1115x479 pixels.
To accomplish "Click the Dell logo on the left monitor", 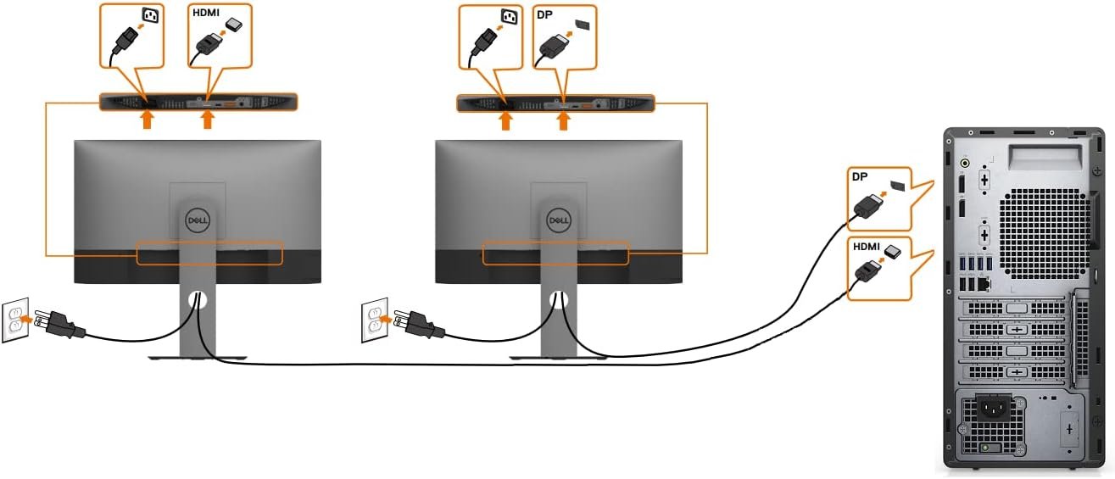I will (197, 220).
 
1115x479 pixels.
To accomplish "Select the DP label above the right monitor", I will (544, 14).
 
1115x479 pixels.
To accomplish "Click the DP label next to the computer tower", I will (860, 176).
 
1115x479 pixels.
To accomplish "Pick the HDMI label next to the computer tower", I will (867, 247).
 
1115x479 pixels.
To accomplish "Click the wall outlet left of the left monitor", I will (14, 320).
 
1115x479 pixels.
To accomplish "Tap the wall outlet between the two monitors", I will (375, 320).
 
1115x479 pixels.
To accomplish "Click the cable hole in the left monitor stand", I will (197, 299).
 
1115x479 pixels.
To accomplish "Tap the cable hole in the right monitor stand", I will (557, 299).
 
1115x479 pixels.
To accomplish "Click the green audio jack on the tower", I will (965, 160).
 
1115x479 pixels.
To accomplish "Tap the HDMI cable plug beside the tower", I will (866, 270).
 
